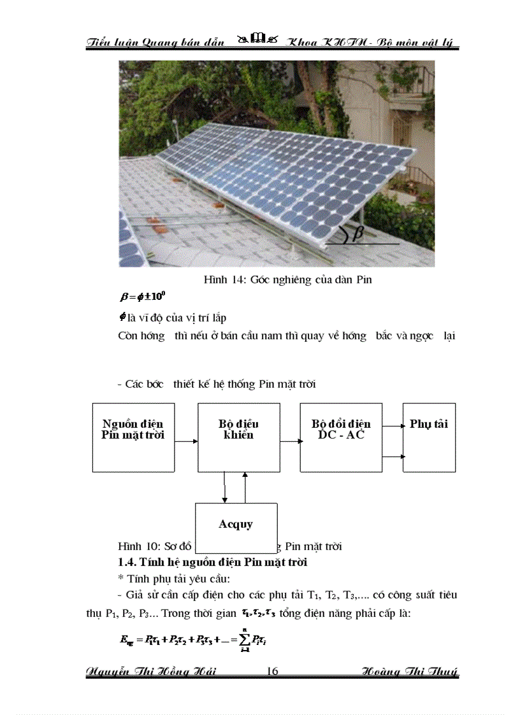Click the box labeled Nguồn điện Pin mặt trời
click(x=133, y=437)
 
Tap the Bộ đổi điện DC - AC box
click(x=341, y=437)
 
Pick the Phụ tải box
click(x=429, y=437)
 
